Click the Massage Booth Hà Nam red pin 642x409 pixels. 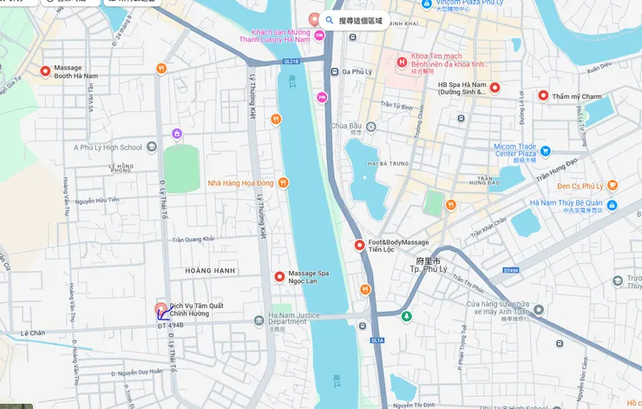[x=45, y=71]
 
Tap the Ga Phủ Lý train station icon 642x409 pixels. [x=335, y=72]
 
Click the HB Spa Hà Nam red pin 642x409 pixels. [x=495, y=88]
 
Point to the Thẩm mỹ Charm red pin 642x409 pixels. [x=544, y=96]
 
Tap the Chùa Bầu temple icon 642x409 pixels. [x=371, y=127]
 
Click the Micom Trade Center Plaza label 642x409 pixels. [x=527, y=151]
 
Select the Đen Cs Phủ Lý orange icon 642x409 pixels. [x=613, y=185]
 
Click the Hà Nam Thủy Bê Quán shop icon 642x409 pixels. [x=613, y=205]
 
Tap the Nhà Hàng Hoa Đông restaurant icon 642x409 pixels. [x=283, y=182]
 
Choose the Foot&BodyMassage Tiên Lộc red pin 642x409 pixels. [x=359, y=246]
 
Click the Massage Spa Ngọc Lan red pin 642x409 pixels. [x=279, y=277]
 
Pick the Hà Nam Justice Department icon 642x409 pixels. [x=259, y=321]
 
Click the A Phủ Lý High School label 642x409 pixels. [x=108, y=148]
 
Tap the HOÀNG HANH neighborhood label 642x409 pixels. [x=210, y=271]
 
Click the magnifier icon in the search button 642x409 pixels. [x=330, y=20]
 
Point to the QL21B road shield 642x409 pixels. [x=291, y=62]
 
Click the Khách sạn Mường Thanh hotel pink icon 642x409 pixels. [x=320, y=35]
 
